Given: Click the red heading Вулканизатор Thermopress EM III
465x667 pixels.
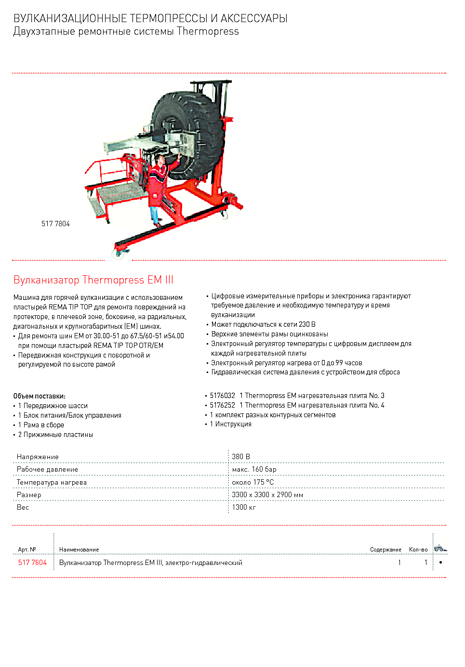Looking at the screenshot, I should click(93, 280).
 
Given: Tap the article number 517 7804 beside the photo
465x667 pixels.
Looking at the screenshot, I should click(55, 224).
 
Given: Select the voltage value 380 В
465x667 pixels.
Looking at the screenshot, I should click(241, 457).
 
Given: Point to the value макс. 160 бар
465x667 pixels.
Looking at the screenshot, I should click(254, 469).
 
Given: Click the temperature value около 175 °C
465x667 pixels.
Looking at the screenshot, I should click(252, 482).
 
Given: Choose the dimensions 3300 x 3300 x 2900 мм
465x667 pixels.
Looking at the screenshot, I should click(267, 495).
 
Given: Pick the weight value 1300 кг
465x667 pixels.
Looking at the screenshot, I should click(244, 507).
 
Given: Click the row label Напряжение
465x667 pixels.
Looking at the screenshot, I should click(38, 457).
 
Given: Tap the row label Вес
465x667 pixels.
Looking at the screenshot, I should click(23, 507).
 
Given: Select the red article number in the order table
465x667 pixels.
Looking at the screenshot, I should click(32, 563).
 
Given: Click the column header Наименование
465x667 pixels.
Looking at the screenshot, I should click(79, 550).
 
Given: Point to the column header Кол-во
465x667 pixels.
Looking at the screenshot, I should click(418, 550).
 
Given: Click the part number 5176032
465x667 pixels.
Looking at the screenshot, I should click(223, 396).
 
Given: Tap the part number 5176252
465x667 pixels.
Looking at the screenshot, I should click(223, 405).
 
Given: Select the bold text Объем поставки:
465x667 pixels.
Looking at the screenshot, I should click(40, 396).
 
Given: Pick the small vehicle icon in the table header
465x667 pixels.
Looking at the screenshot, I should click(439, 548).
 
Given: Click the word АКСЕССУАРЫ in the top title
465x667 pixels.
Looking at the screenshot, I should click(254, 18).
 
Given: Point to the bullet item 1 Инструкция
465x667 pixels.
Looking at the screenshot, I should click(231, 424).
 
